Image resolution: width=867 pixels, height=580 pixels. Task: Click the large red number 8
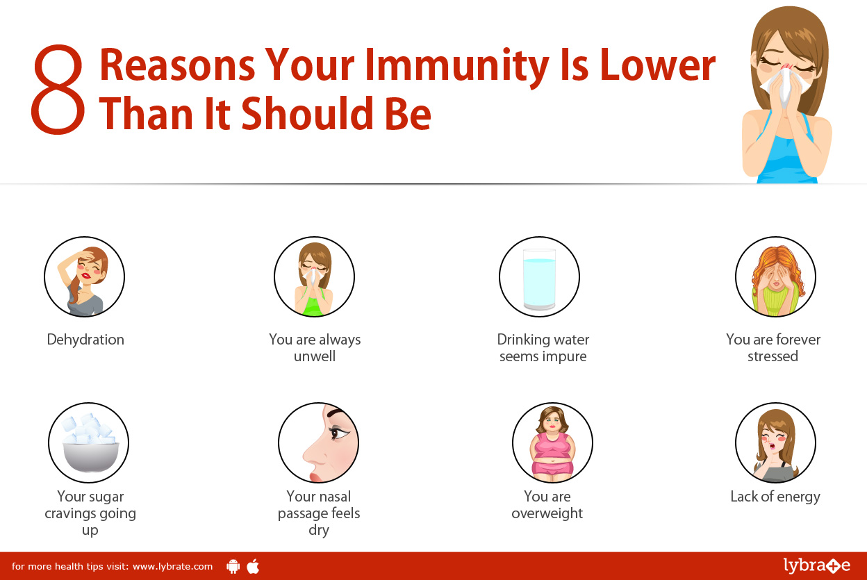point(58,90)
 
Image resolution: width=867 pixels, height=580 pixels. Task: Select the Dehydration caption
point(85,340)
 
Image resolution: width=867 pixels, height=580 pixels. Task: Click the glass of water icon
point(539,279)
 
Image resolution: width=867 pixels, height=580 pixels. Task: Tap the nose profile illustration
point(319,444)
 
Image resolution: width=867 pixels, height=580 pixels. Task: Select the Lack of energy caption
point(775,497)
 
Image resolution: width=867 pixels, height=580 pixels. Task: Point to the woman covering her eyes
point(775,278)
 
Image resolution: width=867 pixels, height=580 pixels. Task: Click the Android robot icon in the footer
point(233,566)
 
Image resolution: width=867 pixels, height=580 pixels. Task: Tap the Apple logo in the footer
point(253,566)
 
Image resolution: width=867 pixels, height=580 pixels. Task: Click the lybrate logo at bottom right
point(816,565)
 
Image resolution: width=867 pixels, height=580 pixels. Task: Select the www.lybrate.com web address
point(172,566)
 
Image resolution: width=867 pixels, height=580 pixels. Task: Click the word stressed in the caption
point(773,356)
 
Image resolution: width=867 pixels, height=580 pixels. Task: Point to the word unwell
point(315,356)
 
